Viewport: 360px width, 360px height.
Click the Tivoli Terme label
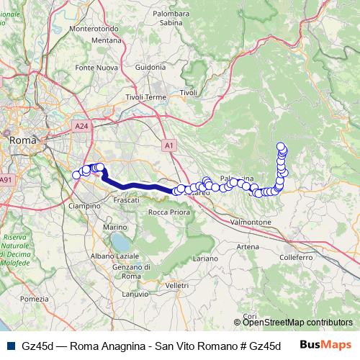tap(146, 97)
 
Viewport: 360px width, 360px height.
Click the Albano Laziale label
tap(114, 256)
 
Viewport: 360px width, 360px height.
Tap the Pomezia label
tap(40, 299)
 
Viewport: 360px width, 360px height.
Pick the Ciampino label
tap(84, 205)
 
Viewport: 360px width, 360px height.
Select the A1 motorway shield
tap(169, 145)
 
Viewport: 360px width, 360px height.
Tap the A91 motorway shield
tap(6, 179)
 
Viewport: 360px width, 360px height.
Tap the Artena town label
tap(246, 246)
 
